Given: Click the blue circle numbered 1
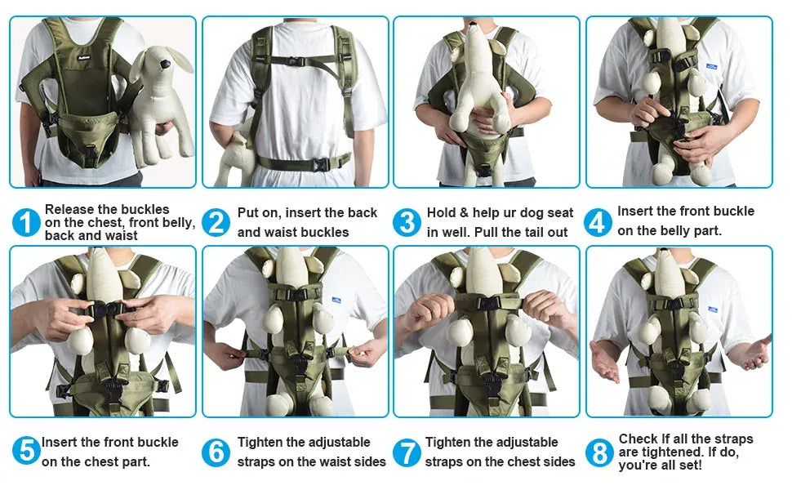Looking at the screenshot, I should pos(26,222).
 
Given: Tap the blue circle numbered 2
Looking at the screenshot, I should pos(216,222).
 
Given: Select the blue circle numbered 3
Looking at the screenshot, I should pos(407,222).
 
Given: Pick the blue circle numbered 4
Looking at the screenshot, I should pos(598,221).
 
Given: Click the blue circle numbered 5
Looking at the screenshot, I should pos(26,451).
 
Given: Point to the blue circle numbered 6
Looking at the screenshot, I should pos(216,452).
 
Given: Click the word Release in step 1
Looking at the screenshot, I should pos(72,210).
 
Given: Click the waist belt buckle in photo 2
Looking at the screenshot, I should pos(321,164).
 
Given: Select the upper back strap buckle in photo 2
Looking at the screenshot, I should pos(296,61).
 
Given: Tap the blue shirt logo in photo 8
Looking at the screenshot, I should pos(713,310).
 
